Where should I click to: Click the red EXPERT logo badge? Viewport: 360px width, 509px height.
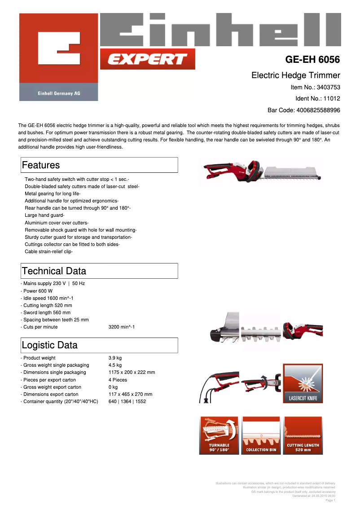tap(147, 59)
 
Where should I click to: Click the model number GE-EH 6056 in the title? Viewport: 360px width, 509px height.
tap(312, 60)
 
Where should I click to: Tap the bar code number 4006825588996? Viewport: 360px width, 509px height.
tap(318, 110)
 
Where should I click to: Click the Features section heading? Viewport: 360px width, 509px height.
tap(41, 165)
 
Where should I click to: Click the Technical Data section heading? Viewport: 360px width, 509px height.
tap(54, 271)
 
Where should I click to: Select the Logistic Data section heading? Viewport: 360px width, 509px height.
tap(49, 345)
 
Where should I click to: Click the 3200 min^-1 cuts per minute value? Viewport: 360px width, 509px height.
tap(122, 327)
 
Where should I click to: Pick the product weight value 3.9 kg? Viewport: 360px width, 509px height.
tap(115, 358)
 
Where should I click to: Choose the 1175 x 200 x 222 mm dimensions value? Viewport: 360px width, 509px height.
tap(132, 372)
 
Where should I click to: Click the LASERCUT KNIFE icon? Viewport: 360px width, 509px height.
tap(303, 383)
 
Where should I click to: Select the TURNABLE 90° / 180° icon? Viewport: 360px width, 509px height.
tap(219, 435)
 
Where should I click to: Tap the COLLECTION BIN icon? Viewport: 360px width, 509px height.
tap(261, 435)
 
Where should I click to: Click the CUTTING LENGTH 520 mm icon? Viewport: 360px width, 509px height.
tap(303, 435)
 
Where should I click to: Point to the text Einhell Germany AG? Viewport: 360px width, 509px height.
tap(58, 93)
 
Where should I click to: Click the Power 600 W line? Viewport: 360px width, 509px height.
tap(38, 291)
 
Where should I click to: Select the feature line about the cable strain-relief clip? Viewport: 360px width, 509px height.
tap(48, 252)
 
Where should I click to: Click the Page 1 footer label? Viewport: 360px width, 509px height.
tap(330, 500)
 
